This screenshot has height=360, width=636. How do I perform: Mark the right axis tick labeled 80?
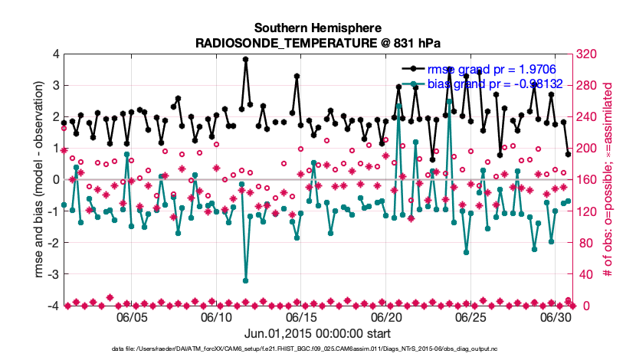(583, 243)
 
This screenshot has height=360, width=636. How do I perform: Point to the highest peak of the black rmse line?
(246, 59)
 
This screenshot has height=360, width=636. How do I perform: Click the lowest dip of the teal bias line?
(246, 280)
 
